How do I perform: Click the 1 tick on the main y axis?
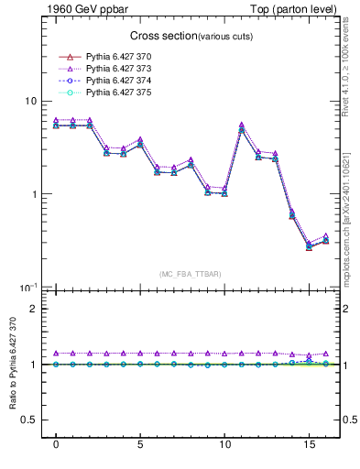[x=35, y=195]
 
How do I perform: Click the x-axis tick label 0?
[x=57, y=445]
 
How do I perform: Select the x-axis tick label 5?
[x=140, y=445]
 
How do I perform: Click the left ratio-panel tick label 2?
[x=36, y=309]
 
